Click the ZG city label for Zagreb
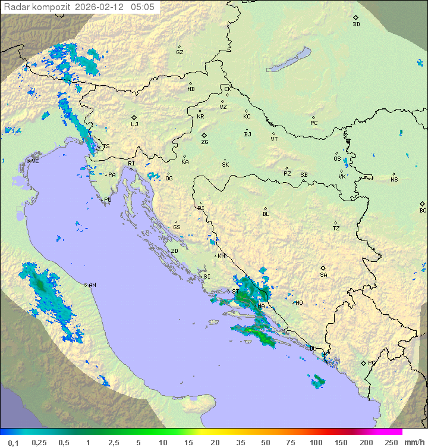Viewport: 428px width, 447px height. tap(204, 142)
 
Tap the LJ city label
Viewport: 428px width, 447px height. tap(134, 124)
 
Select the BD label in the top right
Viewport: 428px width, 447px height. tap(356, 24)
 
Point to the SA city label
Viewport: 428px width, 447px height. tap(323, 274)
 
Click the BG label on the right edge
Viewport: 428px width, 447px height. tap(423, 210)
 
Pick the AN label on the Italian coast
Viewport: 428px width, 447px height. tap(92, 285)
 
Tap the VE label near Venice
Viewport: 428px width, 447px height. tap(35, 161)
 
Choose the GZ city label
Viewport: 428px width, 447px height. tap(180, 52)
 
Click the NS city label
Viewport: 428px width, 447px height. tap(394, 180)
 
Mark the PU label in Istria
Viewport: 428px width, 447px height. tap(108, 200)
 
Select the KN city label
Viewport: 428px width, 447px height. tap(221, 256)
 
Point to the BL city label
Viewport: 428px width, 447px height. tap(266, 214)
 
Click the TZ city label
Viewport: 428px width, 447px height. tap(336, 228)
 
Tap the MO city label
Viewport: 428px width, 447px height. tap(299, 302)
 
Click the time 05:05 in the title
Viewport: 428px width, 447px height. tap(142, 7)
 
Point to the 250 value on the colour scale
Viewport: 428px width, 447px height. tap(391, 442)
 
